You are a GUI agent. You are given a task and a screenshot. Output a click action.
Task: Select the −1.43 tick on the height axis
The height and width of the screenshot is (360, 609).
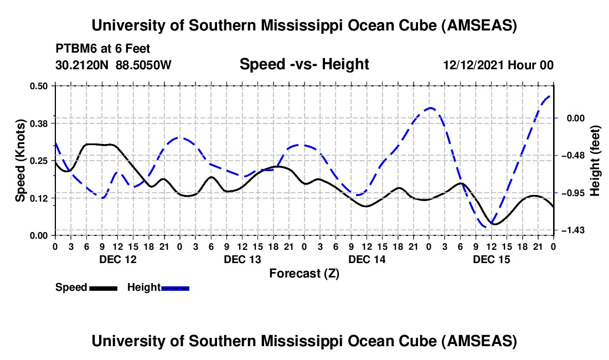[575, 230]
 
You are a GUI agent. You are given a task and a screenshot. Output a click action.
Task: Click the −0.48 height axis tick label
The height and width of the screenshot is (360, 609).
[575, 155]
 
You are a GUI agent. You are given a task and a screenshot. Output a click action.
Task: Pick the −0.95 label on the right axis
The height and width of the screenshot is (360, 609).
[575, 193]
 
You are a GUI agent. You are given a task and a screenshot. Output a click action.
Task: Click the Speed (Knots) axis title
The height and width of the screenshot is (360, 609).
[20, 161]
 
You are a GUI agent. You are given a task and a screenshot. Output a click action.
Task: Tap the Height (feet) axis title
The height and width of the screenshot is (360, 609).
[595, 161]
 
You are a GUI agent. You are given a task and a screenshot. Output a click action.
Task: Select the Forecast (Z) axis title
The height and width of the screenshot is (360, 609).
[304, 273]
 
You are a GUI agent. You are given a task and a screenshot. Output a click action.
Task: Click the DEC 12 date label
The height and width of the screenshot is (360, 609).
[117, 259]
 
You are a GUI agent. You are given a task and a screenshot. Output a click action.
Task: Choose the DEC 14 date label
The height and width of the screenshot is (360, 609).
[367, 259]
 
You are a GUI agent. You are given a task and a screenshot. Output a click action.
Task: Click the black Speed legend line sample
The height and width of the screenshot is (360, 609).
[103, 287]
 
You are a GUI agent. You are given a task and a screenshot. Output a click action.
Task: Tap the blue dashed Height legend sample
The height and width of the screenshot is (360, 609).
[175, 287]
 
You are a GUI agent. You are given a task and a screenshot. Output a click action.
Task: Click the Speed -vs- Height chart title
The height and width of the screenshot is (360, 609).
[304, 65]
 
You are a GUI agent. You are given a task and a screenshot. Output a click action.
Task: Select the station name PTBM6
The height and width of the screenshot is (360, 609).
[73, 49]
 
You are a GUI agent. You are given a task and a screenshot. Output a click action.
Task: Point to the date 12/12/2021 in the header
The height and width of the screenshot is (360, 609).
[472, 65]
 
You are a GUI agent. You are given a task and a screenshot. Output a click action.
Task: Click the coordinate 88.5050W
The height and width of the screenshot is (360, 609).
[143, 65]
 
